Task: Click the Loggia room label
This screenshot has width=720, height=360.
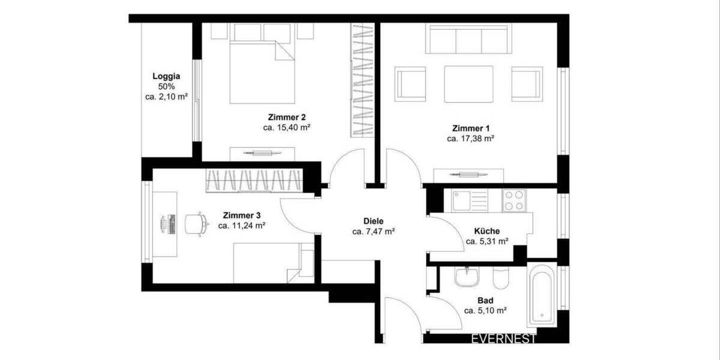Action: click(166, 76)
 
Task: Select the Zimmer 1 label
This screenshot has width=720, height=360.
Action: click(470, 128)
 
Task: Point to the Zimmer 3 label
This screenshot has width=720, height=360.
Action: click(242, 215)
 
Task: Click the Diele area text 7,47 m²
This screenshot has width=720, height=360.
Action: click(373, 231)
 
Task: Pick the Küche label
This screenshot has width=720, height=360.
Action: click(487, 230)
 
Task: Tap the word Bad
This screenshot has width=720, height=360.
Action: click(485, 300)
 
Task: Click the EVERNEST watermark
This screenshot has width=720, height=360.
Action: click(503, 339)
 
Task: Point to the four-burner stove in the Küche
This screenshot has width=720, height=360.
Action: click(514, 200)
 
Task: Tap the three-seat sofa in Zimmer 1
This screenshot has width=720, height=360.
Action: click(468, 40)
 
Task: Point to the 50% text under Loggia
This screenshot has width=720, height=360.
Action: click(166, 86)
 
